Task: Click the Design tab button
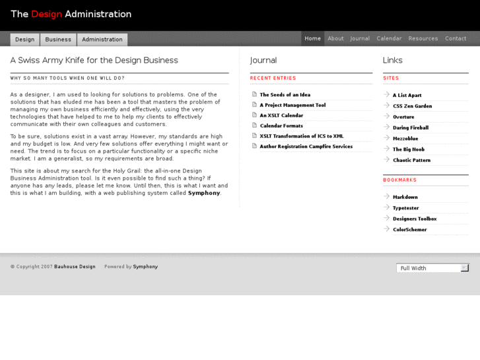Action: (x=25, y=40)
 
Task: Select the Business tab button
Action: (x=58, y=40)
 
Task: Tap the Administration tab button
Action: (x=102, y=40)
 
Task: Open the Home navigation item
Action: (x=313, y=38)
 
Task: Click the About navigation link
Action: (x=335, y=38)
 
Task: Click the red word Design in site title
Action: (x=46, y=14)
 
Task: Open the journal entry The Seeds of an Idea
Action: (x=285, y=95)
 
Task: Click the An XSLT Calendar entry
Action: (x=281, y=116)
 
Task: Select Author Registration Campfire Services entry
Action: (x=306, y=147)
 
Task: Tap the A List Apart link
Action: (x=407, y=95)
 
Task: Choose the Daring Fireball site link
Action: (x=410, y=127)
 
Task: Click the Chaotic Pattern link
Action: (x=411, y=160)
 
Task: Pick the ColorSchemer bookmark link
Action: (x=409, y=230)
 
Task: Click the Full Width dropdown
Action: (x=432, y=268)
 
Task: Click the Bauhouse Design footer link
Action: (x=75, y=267)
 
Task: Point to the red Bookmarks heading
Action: (x=399, y=180)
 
